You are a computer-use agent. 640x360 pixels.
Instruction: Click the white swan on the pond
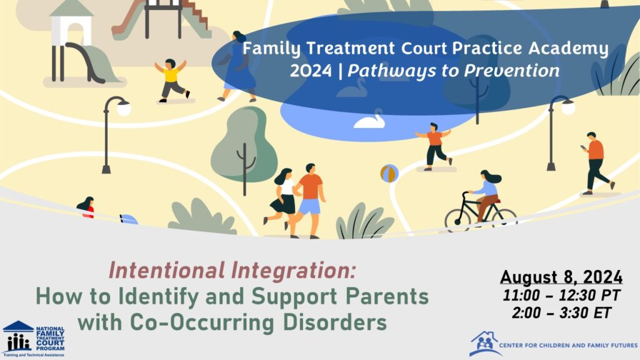(x=369, y=121)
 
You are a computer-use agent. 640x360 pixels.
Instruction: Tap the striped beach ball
(x=389, y=174)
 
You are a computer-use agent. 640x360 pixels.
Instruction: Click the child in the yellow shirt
(x=171, y=80)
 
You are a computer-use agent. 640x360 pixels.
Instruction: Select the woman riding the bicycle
(x=486, y=194)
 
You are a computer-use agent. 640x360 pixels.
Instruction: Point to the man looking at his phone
(x=597, y=163)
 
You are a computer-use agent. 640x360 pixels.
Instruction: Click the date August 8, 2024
(x=561, y=277)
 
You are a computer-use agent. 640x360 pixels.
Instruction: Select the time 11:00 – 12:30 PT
(x=562, y=295)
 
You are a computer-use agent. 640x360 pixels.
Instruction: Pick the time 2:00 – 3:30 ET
(x=562, y=313)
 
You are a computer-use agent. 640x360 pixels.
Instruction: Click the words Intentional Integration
(x=232, y=271)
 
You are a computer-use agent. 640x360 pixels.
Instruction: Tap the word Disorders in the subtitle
(x=335, y=322)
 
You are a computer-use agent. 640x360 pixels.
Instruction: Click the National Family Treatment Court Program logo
(x=34, y=339)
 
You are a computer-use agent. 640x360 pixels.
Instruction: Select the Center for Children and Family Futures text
(x=568, y=345)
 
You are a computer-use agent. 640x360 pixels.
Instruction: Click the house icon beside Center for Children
(x=484, y=343)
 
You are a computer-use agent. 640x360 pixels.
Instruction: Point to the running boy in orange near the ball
(x=434, y=146)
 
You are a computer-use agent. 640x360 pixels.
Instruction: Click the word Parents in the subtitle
(x=387, y=296)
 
